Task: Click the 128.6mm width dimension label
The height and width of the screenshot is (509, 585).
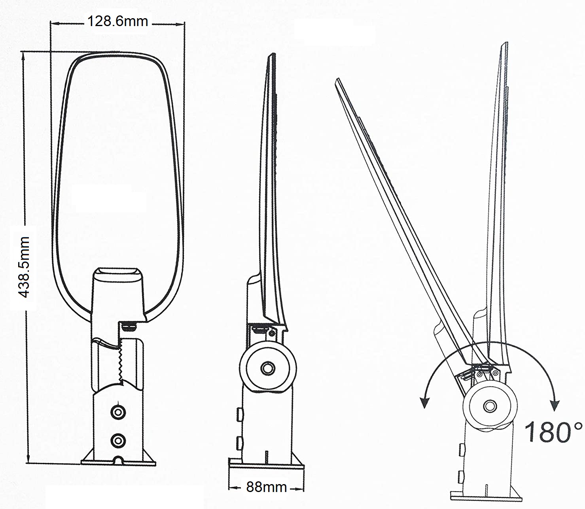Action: coord(117,22)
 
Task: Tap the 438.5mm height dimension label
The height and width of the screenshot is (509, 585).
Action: coord(23,267)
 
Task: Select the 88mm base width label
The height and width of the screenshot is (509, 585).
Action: coord(267,487)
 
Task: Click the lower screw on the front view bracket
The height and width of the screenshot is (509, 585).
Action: coord(118,441)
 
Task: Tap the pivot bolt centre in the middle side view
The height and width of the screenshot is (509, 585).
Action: coord(268,368)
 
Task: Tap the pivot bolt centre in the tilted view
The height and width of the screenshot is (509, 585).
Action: coord(490,406)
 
